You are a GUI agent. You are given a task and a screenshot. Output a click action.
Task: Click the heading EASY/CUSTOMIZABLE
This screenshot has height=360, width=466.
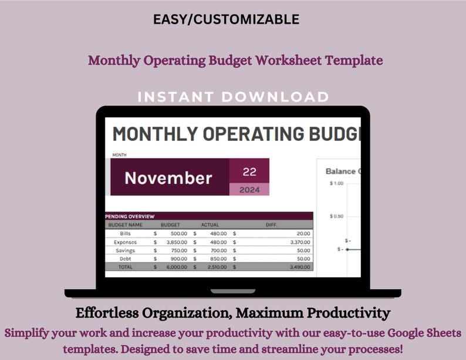pos(226,19)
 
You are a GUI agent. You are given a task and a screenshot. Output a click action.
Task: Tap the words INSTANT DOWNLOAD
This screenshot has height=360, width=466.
pos(233,97)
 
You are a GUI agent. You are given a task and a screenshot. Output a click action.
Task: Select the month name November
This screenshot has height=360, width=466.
pos(168,178)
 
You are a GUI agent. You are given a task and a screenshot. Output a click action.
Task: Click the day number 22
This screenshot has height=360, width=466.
pos(249,172)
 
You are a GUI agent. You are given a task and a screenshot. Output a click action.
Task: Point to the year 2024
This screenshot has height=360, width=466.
pos(249,190)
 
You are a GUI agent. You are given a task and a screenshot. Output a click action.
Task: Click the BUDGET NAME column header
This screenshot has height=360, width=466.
pos(125,224)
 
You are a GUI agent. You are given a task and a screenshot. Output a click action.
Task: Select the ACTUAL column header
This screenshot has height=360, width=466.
pos(210,224)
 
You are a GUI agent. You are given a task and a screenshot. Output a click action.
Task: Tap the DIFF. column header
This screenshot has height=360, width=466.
pos(271,224)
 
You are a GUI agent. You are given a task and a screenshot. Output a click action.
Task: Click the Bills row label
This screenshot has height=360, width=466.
pos(125,233)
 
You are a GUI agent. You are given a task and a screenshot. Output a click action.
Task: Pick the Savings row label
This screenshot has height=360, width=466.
pos(124,250)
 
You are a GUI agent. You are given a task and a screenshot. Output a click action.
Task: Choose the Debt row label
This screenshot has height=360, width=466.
pos(125,258)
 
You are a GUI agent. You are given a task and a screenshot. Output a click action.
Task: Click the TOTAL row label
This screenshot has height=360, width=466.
pos(125,267)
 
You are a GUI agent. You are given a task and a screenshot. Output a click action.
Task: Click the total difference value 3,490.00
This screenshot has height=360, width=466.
pos(300,267)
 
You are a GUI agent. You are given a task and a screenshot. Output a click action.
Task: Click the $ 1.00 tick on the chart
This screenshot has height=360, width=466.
pos(336,183)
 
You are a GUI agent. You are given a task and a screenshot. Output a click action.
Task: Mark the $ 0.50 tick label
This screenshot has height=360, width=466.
pos(336,216)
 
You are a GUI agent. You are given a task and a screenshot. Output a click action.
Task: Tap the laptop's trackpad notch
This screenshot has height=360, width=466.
pos(233,291)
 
